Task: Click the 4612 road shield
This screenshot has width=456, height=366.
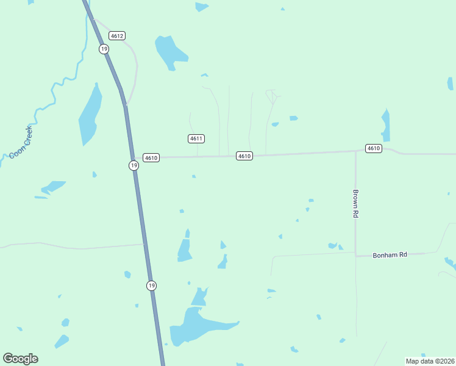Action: (x=118, y=36)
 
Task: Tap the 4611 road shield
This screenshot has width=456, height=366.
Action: (x=196, y=138)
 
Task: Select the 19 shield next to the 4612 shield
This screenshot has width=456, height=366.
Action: (x=104, y=49)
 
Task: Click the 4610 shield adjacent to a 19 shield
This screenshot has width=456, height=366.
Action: (x=151, y=158)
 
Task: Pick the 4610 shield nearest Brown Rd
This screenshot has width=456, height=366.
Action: (x=374, y=149)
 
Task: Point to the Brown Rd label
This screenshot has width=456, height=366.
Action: (x=355, y=204)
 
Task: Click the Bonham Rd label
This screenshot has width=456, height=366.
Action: (x=390, y=254)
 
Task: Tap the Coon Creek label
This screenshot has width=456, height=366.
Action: (x=21, y=142)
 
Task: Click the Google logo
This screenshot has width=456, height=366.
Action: (x=20, y=359)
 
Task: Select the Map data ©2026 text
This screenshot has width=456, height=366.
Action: (x=430, y=361)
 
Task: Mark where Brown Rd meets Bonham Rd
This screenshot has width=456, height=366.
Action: (x=356, y=256)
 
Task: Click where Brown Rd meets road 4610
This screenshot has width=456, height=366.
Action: (x=356, y=151)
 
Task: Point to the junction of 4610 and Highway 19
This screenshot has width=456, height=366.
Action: (x=134, y=158)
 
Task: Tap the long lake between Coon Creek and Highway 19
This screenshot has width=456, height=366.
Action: (x=89, y=116)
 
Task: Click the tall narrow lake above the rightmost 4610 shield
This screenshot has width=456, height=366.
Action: (x=385, y=125)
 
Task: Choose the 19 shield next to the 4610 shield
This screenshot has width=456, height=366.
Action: (x=134, y=165)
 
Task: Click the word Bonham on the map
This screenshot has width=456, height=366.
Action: (x=385, y=254)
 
